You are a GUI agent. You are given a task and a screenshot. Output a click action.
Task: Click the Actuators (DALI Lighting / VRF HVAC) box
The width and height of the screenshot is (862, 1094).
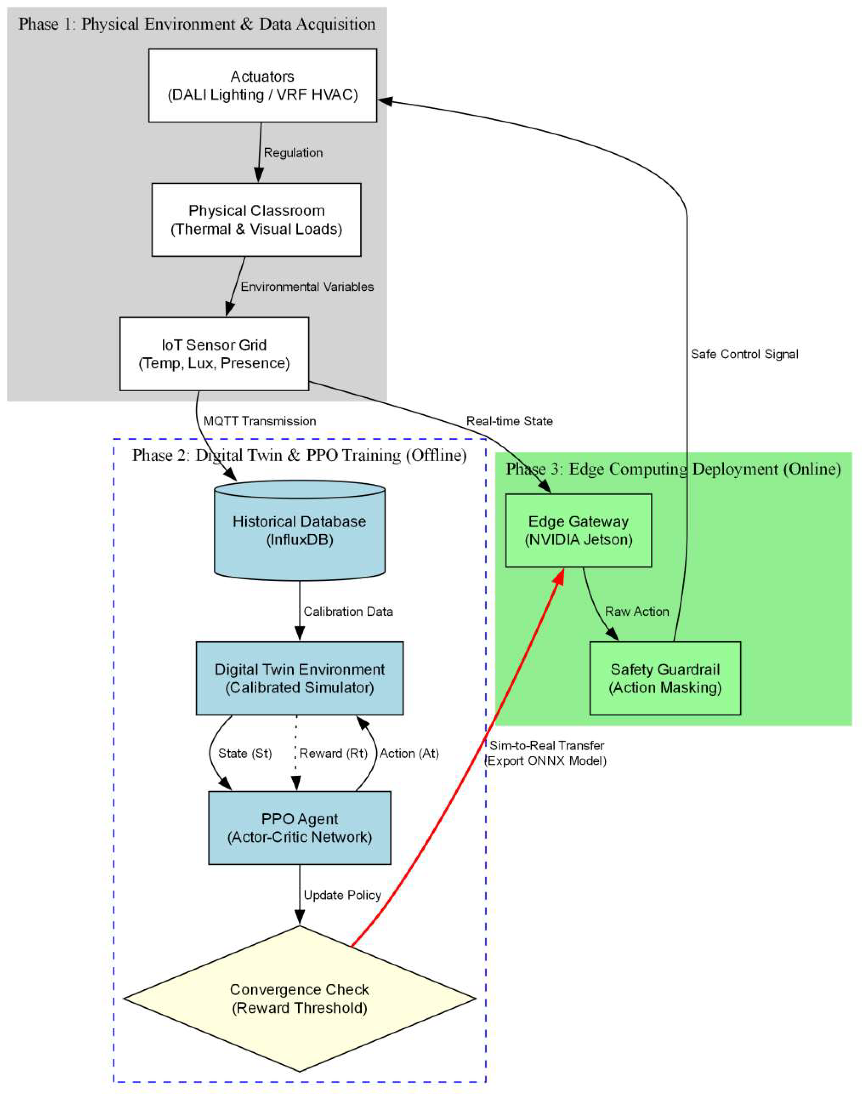[263, 85]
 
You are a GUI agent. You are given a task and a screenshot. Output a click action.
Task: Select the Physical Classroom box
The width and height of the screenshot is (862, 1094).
[256, 220]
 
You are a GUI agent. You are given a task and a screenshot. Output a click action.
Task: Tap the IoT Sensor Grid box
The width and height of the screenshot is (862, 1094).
[214, 354]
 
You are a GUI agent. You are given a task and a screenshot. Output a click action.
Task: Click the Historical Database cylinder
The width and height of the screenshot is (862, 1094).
[300, 530]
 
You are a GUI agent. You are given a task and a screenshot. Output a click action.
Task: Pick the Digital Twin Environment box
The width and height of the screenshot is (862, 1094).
[300, 678]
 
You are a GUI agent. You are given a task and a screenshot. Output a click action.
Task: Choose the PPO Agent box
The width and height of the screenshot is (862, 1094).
[300, 828]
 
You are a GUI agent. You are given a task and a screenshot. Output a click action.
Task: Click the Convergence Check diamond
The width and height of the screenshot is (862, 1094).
[300, 998]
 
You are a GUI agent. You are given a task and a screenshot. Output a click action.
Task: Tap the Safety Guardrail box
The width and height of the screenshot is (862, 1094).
[665, 678]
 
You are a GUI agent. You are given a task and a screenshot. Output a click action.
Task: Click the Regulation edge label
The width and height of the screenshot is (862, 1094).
[293, 153]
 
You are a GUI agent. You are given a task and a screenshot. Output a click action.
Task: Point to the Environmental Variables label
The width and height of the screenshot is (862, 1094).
[307, 287]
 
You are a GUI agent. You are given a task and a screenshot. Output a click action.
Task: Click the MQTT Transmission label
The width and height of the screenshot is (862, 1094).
[260, 421]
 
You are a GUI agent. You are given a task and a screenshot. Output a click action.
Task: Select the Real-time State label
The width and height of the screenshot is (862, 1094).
[509, 421]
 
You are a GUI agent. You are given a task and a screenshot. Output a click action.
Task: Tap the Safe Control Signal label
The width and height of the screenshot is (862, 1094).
[744, 354]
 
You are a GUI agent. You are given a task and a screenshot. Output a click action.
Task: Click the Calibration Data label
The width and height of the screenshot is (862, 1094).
[348, 611]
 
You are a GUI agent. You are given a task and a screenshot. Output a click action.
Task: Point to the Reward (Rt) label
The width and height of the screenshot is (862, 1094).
[334, 753]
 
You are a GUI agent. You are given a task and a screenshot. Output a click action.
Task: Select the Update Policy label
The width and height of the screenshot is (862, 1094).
[342, 895]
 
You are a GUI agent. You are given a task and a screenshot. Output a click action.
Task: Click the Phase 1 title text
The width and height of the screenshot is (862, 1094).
[197, 24]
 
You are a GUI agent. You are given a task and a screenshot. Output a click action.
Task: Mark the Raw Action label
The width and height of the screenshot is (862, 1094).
[637, 611]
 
